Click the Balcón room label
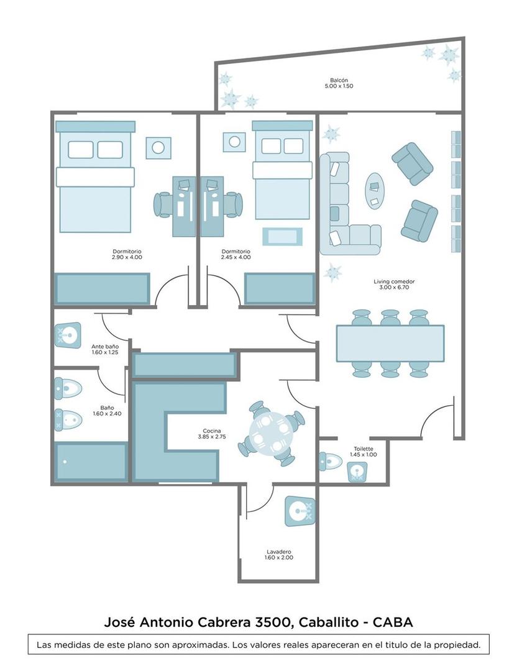[x=339, y=80]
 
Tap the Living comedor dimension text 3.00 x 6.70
[x=394, y=288]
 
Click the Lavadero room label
[x=279, y=552]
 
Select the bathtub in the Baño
[x=90, y=462]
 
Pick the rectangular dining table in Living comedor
[x=390, y=344]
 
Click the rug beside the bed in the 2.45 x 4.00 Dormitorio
[x=282, y=237]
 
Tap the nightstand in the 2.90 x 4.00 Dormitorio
[x=158, y=147]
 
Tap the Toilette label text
[x=364, y=449]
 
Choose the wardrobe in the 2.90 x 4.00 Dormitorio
[x=103, y=289]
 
